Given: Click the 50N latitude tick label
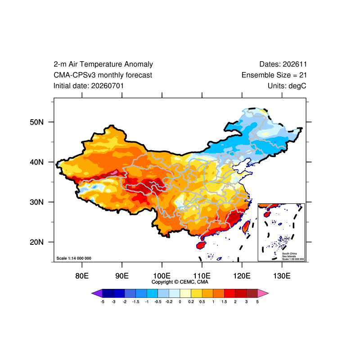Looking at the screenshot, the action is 36,122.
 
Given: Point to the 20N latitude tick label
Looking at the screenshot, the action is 36,242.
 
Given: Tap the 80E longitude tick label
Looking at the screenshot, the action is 82,276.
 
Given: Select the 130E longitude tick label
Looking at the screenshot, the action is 282,276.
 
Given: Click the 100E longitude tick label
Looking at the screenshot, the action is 162,276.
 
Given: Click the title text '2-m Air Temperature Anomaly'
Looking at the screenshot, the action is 103,64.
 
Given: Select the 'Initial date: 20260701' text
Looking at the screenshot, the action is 89,86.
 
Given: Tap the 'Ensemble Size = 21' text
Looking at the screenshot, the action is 274,75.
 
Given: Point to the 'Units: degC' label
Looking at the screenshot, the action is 287,86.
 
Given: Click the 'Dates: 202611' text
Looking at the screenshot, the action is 283,64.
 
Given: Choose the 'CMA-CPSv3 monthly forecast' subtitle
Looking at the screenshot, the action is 103,75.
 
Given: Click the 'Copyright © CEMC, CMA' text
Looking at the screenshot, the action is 180,282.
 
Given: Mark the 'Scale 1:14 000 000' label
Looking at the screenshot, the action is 74,258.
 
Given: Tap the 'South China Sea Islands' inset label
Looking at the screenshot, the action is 289,255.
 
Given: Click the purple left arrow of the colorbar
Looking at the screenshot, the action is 97,293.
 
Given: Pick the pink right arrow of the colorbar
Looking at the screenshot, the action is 263,293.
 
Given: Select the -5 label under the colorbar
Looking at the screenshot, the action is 103,301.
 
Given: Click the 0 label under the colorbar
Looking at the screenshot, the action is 180,301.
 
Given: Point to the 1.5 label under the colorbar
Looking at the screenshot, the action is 224,301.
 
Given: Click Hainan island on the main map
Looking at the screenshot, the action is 201,245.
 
